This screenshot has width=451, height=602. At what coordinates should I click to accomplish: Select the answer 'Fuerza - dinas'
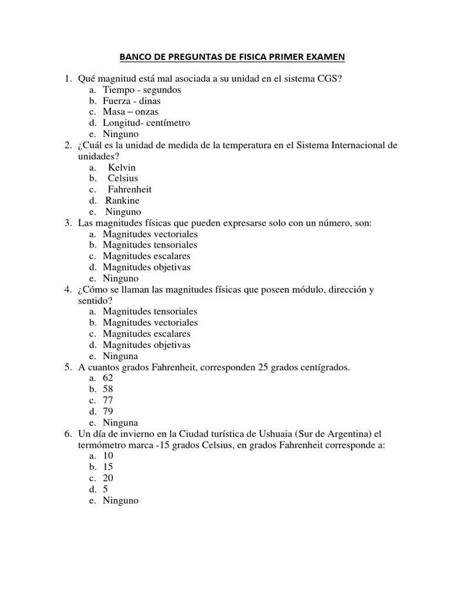(131, 101)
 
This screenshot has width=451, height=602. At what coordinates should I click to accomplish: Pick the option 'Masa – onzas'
(130, 112)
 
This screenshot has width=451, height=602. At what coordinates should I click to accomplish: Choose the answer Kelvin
(122, 168)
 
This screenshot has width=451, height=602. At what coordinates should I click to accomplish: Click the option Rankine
(123, 200)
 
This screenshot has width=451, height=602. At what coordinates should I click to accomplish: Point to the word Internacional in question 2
(356, 145)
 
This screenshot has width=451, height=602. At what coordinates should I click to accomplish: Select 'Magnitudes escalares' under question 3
(146, 256)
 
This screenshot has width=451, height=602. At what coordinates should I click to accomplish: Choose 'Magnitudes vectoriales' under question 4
(150, 322)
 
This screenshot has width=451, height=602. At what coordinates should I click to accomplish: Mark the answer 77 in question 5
(108, 400)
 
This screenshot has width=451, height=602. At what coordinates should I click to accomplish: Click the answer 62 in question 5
(108, 378)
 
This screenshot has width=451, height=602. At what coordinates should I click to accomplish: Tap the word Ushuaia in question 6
(271, 434)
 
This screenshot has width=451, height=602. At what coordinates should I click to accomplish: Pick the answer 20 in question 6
(108, 478)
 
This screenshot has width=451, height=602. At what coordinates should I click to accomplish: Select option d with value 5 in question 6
(106, 489)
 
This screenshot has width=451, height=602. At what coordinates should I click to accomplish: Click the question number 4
(67, 290)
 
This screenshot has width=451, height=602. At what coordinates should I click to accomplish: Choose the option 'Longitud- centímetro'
(146, 123)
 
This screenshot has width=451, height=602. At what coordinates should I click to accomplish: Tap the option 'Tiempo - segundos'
(142, 90)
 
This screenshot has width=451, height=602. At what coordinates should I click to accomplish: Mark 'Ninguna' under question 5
(120, 422)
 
